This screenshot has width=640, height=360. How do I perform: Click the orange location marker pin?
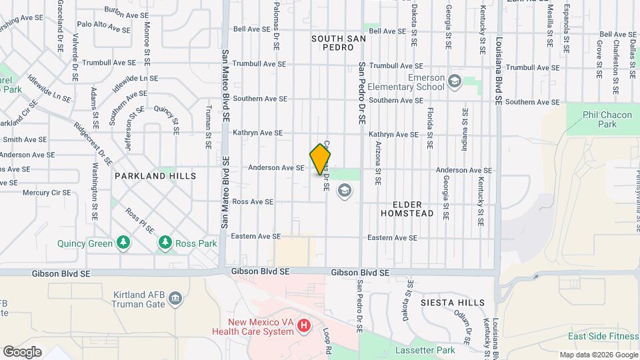321,159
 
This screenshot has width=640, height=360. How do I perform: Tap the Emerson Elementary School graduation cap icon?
455,81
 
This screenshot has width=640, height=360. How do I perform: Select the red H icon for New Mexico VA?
304,325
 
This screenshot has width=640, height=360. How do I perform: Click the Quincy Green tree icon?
123,243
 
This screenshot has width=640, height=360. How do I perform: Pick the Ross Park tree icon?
165,243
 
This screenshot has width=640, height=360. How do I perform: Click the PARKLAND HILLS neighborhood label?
155,176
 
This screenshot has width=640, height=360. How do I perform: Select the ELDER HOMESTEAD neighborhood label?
407,208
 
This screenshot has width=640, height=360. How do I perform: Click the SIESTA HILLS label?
453,303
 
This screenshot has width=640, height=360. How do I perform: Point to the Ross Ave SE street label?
253,201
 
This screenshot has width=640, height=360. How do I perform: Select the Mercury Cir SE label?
47,193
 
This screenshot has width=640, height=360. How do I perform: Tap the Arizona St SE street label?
378,162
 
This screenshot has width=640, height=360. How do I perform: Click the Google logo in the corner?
22,351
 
